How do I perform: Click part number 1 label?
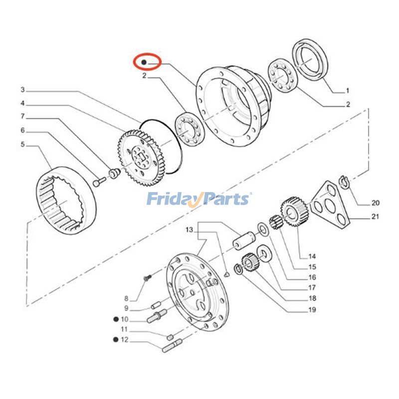[x=347, y=91]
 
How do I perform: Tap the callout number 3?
[x=22, y=90]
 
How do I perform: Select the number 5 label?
[x=22, y=145]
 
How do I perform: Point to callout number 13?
[x=189, y=230]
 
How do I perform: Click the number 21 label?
[x=375, y=216]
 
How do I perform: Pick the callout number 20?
[x=375, y=203]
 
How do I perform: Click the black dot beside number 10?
[x=116, y=319]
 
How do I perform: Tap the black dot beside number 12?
[x=116, y=340]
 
